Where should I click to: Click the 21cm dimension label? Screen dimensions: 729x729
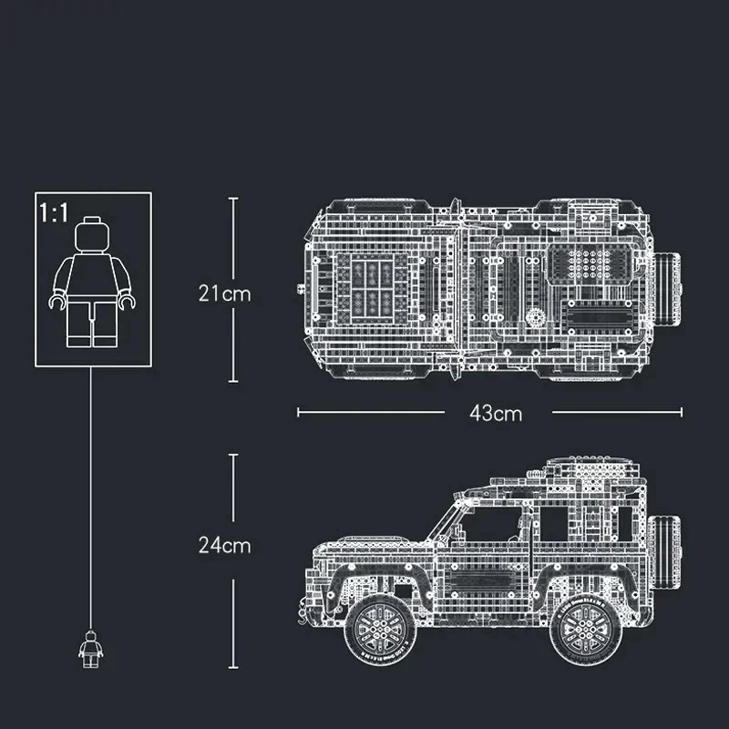coord(224,293)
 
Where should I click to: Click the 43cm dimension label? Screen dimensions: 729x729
coord(496,413)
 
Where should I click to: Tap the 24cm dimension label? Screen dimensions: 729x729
coord(224,545)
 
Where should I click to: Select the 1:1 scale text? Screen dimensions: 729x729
coord(54,213)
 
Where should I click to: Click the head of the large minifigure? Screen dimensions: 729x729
coord(93,235)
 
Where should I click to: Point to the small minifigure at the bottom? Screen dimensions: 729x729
coord(90,649)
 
